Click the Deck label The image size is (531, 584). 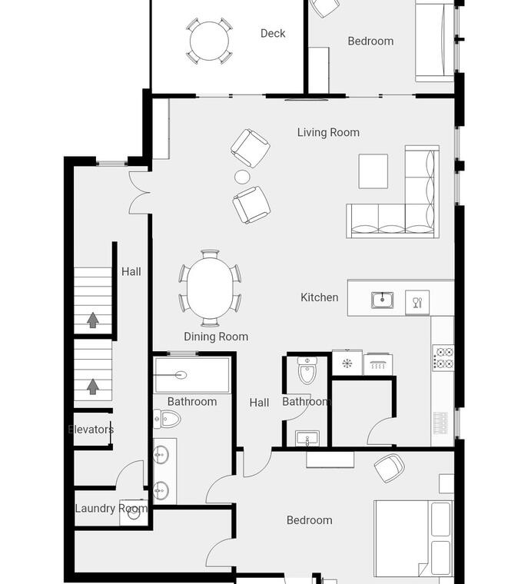(x=273, y=34)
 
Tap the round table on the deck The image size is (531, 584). (x=209, y=41)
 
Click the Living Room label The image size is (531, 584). (x=328, y=133)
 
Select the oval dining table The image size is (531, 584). (x=210, y=288)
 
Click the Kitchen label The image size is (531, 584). (x=319, y=297)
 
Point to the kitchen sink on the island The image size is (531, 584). (x=382, y=300)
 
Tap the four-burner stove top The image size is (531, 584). (x=443, y=357)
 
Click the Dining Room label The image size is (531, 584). (x=216, y=337)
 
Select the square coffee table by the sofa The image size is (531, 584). (x=373, y=171)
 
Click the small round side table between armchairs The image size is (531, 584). (x=241, y=177)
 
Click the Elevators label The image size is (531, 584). (x=91, y=430)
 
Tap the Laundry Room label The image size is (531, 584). (x=111, y=509)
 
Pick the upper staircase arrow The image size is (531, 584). (x=93, y=320)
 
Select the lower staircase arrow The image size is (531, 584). (x=93, y=387)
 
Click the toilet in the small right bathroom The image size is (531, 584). (x=307, y=370)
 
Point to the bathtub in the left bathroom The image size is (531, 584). (x=192, y=375)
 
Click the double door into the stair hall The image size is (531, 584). (x=139, y=193)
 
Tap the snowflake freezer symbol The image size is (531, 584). (x=347, y=363)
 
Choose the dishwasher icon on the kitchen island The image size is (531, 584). (x=417, y=303)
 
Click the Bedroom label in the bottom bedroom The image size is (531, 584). (x=310, y=520)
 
